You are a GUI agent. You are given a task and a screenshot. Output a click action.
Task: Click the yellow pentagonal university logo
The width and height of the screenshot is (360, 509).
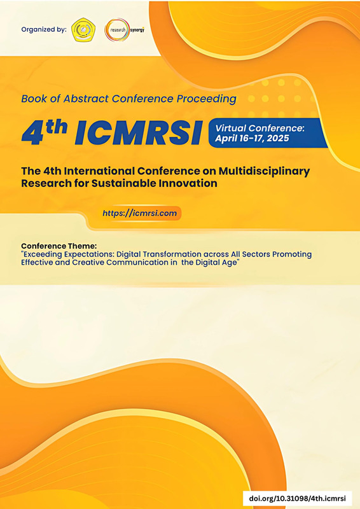[83, 29]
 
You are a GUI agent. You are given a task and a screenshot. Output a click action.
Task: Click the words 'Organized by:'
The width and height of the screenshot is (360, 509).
[44, 29]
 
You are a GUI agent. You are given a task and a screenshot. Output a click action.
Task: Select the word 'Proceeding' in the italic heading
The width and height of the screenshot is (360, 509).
[207, 99]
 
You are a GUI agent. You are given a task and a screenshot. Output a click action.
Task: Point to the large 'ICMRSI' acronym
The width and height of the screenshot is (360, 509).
[138, 133]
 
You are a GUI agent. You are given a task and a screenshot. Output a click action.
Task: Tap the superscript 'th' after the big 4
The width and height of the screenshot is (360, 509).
[57, 127]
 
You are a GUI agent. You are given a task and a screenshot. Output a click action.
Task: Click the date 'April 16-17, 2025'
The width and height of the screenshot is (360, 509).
[252, 139]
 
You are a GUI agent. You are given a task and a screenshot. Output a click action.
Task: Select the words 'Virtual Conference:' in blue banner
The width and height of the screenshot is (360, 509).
[260, 129]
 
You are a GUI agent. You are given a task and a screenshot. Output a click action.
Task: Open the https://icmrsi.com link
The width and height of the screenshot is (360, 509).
[139, 213]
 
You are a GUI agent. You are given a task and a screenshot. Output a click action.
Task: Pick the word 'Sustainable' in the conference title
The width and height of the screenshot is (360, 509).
[123, 183]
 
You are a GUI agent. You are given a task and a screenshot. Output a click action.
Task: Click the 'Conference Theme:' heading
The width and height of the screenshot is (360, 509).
[59, 246]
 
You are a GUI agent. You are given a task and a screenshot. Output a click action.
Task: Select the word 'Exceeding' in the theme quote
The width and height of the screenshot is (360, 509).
[39, 254]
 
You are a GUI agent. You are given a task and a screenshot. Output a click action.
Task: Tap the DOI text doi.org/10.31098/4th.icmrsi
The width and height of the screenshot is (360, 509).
[297, 498]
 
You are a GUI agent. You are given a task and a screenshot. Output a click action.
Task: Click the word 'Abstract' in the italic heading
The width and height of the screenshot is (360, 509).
[86, 99]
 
